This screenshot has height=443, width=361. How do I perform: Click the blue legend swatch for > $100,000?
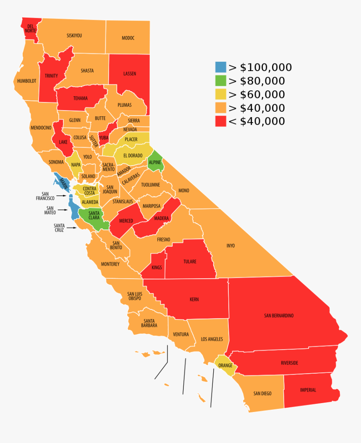tap(221, 67)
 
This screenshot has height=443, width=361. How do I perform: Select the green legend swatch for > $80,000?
tap(221, 81)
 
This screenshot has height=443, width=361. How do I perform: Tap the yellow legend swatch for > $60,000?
tap(221, 94)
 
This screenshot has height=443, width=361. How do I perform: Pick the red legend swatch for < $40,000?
tap(221, 121)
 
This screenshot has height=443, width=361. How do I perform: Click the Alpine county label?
tap(154, 162)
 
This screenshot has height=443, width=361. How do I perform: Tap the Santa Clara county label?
tap(94, 216)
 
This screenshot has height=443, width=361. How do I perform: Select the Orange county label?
tap(225, 365)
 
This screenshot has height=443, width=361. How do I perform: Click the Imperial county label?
tap(308, 390)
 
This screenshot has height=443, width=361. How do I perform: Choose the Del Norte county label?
tap(30, 29)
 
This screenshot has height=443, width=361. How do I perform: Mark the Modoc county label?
tap(128, 38)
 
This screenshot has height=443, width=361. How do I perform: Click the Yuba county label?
tap(103, 137)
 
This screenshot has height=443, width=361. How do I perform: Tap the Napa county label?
tap(76, 165)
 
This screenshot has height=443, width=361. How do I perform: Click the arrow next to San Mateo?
tap(63, 210)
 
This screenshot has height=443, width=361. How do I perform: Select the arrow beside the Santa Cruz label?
tap(72, 228)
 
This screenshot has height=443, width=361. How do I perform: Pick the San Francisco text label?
tap(45, 196)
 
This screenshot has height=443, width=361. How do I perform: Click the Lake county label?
tap(63, 142)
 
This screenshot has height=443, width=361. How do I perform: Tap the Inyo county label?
tap(230, 245)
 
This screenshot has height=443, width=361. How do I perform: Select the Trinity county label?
tap(51, 76)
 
